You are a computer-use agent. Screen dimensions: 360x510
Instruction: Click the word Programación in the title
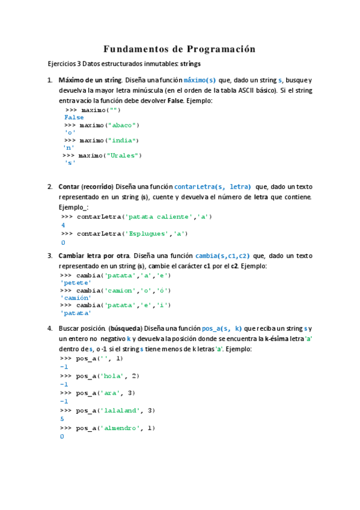[221, 49]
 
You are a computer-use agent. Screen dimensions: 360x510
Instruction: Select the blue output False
[75, 117]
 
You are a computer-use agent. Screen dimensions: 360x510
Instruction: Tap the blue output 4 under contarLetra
[63, 225]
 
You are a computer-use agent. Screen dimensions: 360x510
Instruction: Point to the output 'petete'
[75, 282]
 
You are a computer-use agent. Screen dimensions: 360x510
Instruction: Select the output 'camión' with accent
[75, 297]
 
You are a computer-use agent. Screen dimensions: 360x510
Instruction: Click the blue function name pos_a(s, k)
[222, 328]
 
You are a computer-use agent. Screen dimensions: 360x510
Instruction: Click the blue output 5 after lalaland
[63, 419]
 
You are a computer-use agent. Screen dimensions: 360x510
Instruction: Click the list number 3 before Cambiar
[50, 256]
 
